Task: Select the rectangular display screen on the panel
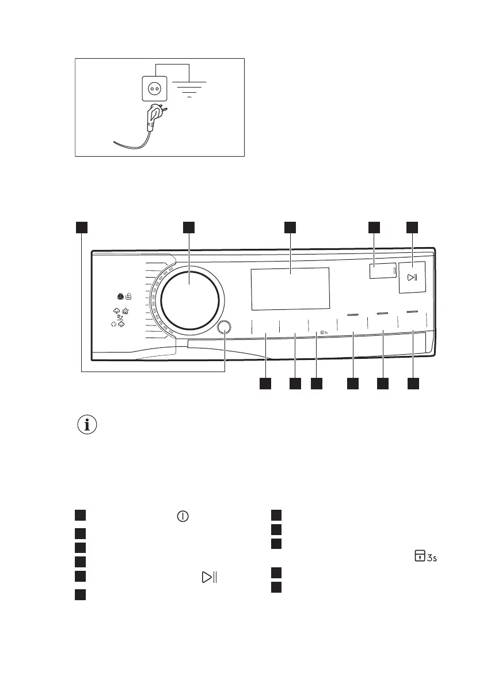pyautogui.click(x=290, y=287)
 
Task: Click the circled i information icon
pyautogui.click(x=87, y=426)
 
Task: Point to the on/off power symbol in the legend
pyautogui.click(x=182, y=516)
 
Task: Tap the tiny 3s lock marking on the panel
pyautogui.click(x=322, y=332)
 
